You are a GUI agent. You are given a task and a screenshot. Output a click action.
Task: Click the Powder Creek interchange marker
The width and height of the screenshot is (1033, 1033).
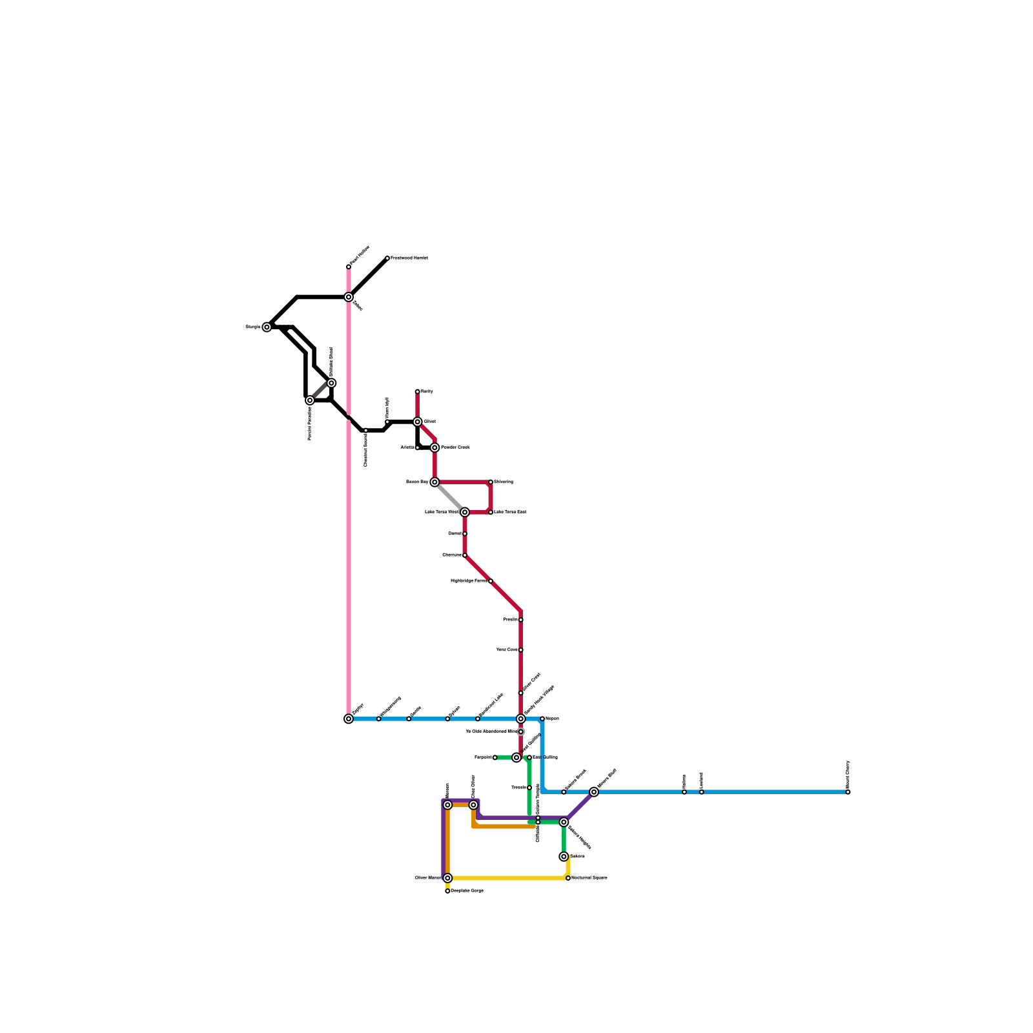435,447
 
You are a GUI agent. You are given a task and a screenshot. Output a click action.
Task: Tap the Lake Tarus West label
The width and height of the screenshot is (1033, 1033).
442,512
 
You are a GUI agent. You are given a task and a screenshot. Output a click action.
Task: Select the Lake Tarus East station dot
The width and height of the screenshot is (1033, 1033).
491,512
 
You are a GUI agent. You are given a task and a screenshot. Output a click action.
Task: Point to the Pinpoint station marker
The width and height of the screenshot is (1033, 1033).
495,757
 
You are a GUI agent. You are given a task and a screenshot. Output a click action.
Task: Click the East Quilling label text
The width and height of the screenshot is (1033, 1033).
544,757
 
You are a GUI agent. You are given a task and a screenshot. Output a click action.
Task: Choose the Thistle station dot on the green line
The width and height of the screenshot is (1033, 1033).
529,788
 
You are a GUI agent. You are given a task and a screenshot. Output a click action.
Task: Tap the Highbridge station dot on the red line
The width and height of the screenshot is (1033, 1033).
491,581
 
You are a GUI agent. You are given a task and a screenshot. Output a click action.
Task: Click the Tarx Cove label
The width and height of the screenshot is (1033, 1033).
506,649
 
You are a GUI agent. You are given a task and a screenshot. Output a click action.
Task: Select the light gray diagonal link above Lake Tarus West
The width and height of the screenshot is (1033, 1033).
449,497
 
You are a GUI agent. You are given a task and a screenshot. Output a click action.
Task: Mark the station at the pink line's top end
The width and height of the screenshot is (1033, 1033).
349,267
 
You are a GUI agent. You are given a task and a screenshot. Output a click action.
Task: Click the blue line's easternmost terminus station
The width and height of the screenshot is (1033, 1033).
848,792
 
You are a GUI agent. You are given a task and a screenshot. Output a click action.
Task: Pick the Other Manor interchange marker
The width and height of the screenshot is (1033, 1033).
447,878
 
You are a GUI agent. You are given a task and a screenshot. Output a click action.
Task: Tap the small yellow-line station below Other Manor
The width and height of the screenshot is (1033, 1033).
447,891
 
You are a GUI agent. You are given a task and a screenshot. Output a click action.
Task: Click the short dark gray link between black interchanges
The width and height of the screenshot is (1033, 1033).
320,392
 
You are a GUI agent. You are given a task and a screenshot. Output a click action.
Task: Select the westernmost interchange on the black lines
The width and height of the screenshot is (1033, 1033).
267,327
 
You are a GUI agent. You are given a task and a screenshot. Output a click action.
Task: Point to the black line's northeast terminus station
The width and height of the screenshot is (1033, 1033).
387,258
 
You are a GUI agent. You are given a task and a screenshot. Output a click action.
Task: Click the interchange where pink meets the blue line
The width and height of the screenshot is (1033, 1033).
349,719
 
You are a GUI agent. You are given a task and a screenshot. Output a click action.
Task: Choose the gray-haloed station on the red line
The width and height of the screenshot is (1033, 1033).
521,731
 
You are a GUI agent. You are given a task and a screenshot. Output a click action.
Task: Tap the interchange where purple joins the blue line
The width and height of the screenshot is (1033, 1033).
594,792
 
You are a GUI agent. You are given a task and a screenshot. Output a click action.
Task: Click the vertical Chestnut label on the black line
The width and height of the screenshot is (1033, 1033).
365,450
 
